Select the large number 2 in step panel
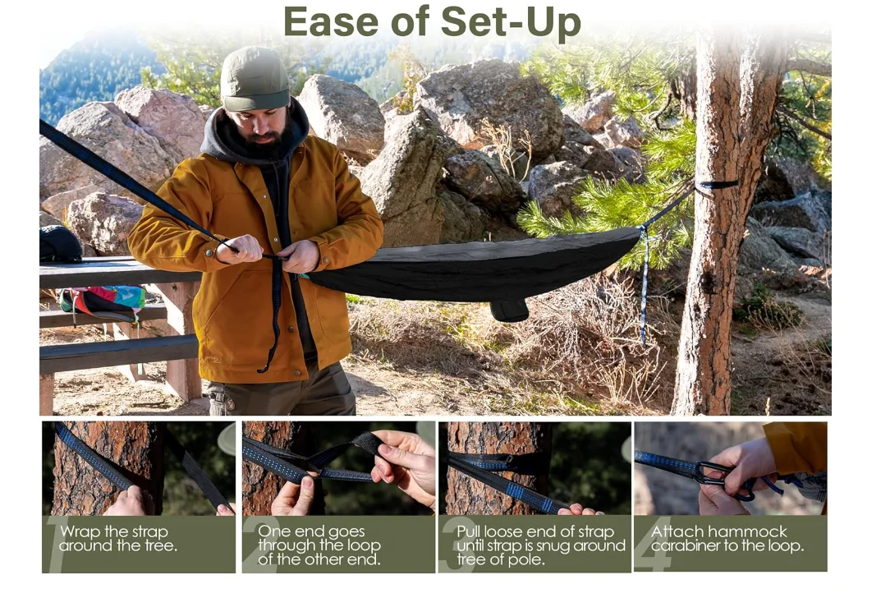[x=250, y=544]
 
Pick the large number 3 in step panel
[x=450, y=544]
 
